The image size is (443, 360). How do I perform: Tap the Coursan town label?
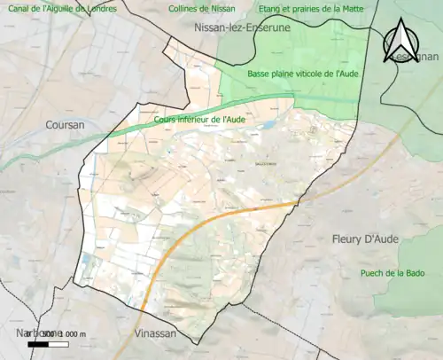[65, 126]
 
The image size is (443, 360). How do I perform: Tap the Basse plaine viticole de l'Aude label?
[303, 74]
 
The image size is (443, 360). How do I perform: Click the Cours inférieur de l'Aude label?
[198, 118]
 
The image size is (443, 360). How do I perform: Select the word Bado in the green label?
[421, 272]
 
